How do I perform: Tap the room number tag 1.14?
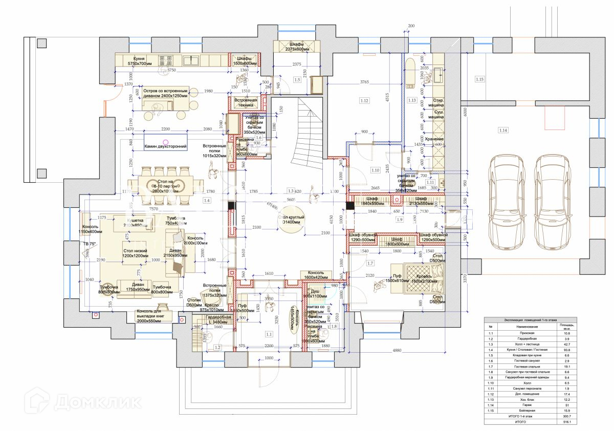click(503, 131)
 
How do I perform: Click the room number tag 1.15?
click(479, 79)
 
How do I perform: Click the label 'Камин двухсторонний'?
click(166, 147)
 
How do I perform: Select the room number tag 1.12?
click(364, 101)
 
